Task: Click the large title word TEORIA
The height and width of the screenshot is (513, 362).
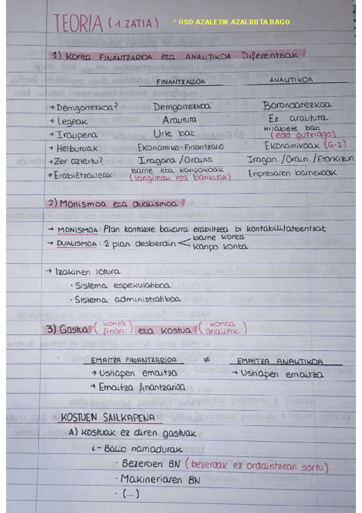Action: coord(78,24)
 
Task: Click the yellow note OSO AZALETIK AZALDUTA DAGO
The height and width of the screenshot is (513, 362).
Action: coord(231,22)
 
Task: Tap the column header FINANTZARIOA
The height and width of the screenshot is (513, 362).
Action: coord(181,80)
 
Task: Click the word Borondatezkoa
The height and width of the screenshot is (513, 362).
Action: coord(297,106)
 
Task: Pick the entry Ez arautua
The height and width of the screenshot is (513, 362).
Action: coord(299,119)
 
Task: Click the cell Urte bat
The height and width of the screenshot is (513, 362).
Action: coord(175,134)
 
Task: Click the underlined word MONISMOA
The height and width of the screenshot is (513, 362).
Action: coord(79,230)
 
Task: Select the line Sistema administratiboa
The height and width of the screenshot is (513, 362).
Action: coord(127,299)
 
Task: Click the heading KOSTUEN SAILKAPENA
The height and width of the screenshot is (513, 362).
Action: coord(110,417)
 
